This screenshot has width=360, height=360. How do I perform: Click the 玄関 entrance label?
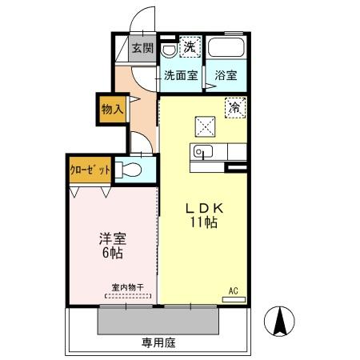[143, 49]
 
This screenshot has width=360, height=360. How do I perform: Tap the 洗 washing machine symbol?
[189, 46]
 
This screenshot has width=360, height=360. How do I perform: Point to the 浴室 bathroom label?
[226, 76]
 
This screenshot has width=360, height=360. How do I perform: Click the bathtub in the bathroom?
[226, 49]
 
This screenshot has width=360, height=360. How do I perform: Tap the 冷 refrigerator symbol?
[235, 106]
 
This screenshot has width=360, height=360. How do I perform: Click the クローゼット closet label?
[89, 170]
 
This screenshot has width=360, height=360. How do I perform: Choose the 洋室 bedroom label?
[112, 239]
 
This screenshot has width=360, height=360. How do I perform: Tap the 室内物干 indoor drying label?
[127, 286]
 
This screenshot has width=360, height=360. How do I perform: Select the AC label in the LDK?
[234, 290]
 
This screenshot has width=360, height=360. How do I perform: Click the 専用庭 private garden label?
[158, 342]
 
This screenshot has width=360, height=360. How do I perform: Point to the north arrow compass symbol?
[281, 323]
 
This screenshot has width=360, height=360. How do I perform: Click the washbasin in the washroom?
[168, 49]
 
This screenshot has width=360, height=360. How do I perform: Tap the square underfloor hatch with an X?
[205, 125]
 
